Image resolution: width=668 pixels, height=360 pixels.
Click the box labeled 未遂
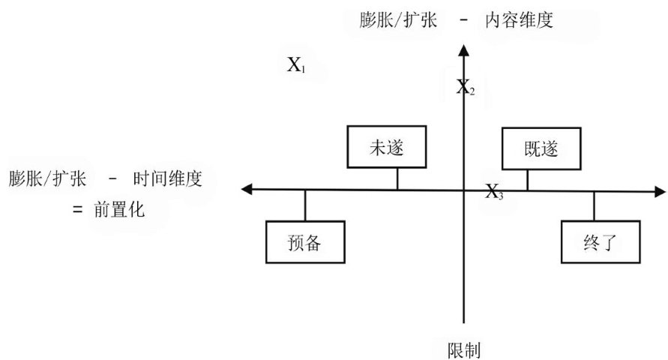(x=386, y=147)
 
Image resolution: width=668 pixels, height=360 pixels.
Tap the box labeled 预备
(x=304, y=242)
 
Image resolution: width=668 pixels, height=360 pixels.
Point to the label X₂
(x=466, y=88)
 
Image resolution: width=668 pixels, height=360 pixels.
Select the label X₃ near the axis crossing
(x=494, y=192)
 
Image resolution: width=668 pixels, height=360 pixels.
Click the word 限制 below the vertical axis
(x=463, y=349)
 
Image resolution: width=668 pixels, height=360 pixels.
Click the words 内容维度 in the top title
(x=518, y=20)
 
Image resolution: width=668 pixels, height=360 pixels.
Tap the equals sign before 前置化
(x=77, y=211)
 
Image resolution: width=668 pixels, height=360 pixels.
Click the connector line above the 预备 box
(x=304, y=205)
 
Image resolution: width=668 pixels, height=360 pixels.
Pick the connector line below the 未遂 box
(x=397, y=179)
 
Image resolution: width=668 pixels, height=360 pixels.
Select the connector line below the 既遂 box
(x=528, y=179)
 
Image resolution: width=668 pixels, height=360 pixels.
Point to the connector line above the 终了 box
(x=595, y=205)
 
